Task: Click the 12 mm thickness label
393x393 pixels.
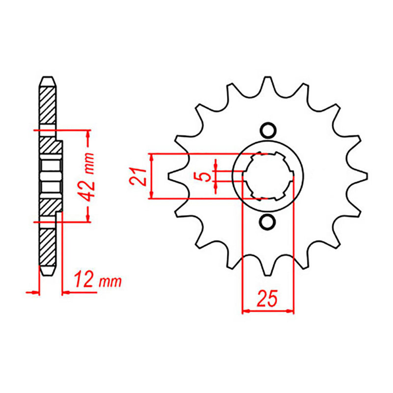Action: point(97,281)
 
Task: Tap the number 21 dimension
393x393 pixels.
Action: point(139,176)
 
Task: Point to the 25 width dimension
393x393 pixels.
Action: point(268,298)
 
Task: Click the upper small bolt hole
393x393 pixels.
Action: point(268,130)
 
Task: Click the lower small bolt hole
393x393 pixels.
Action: point(268,222)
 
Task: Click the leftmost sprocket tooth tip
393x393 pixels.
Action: point(172,176)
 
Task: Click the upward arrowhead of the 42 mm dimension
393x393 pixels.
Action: point(88,134)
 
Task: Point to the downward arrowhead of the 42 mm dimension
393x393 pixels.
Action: point(88,218)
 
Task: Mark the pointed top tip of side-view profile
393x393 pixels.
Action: point(47,77)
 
